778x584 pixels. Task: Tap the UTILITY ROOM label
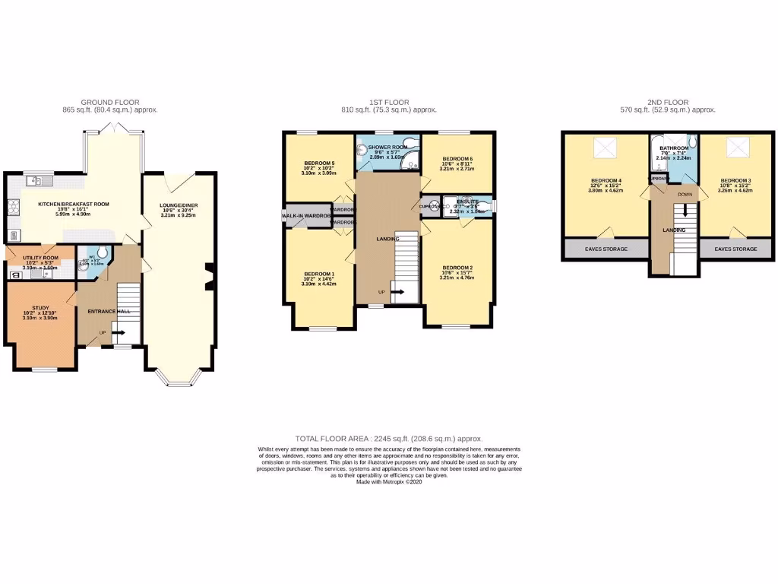click(40, 259)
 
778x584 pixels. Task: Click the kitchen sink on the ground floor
click(36, 181)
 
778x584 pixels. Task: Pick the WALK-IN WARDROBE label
click(306, 217)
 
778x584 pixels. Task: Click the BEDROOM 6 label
click(457, 159)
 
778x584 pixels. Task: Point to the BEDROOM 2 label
click(457, 268)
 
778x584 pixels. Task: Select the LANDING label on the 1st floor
click(387, 239)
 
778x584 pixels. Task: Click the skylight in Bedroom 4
click(606, 145)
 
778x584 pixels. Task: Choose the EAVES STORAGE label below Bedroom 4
click(605, 249)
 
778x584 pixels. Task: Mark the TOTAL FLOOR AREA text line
click(388, 439)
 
